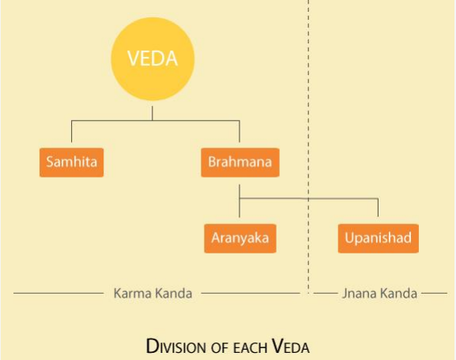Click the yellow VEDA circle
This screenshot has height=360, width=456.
coord(153,59)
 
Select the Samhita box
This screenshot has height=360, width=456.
coord(72,162)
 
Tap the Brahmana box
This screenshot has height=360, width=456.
coord(240,162)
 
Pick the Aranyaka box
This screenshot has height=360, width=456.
coord(240,238)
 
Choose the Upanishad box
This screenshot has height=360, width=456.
coord(378,238)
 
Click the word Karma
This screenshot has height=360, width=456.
coord(132,294)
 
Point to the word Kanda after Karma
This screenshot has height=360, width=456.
coord(173,294)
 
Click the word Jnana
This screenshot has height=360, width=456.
coord(359,294)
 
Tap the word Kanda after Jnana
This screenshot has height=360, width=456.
coord(399,294)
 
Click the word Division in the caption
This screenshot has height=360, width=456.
coord(178,347)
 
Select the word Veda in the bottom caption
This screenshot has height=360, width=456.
coord(290,347)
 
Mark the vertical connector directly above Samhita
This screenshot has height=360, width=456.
coord(72,131)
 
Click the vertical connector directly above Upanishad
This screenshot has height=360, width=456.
coord(378,208)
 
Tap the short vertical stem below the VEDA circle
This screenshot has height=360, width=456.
coord(152,113)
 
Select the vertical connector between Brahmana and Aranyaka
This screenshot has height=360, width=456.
coord(239,201)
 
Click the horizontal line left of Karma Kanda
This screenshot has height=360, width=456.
coord(58,293)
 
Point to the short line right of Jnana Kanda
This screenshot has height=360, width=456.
coord(435,293)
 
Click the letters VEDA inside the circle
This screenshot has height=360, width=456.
coord(153,58)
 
